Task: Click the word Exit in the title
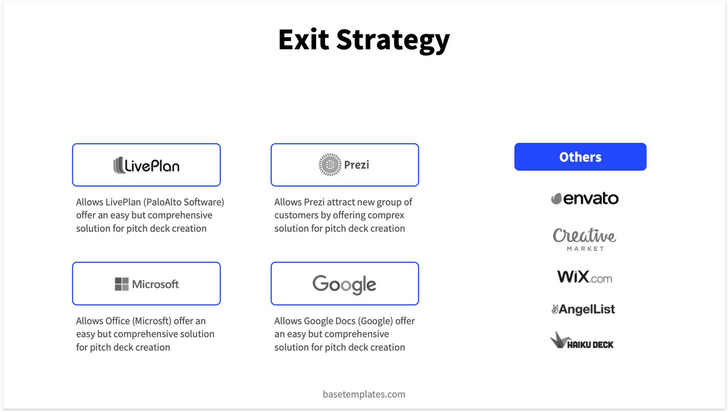304,40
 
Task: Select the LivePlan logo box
146,165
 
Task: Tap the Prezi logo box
344,165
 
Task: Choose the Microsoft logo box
146,284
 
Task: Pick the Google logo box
344,284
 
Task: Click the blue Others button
580,157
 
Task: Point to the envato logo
584,198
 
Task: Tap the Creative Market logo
584,238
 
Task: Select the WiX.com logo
584,276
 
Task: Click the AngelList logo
583,310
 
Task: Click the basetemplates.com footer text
364,394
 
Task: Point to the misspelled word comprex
385,215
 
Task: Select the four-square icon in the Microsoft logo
121,284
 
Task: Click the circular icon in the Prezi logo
330,165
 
